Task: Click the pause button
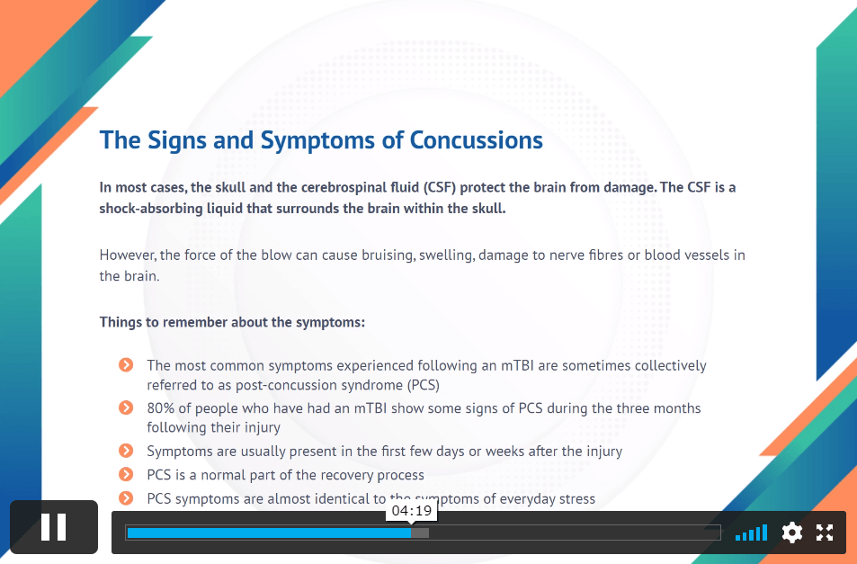[54, 527]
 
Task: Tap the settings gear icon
[792, 533]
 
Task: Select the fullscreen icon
[825, 533]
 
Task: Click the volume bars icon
[752, 533]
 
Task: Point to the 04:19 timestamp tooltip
[412, 512]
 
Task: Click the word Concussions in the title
[476, 140]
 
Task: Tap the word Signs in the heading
[177, 140]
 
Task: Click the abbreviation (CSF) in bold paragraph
[440, 187]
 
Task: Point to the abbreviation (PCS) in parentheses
[423, 385]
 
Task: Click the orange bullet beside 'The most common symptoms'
[126, 364]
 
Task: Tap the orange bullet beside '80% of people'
[126, 407]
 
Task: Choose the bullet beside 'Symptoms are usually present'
[126, 451]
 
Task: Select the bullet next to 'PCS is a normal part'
[126, 474]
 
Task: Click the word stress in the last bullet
[578, 499]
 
